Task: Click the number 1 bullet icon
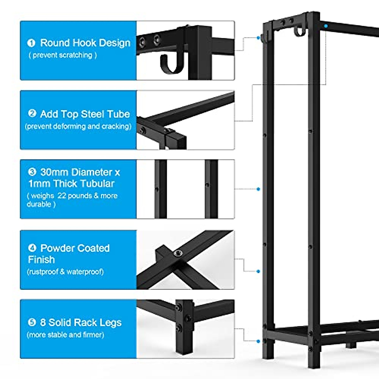coord(31,43)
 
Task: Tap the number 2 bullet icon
coord(32,113)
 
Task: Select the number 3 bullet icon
coord(32,172)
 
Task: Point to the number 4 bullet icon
coord(32,248)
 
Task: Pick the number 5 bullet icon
coord(32,322)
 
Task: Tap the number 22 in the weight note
coord(62,196)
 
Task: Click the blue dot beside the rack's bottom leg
coord(258,341)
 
